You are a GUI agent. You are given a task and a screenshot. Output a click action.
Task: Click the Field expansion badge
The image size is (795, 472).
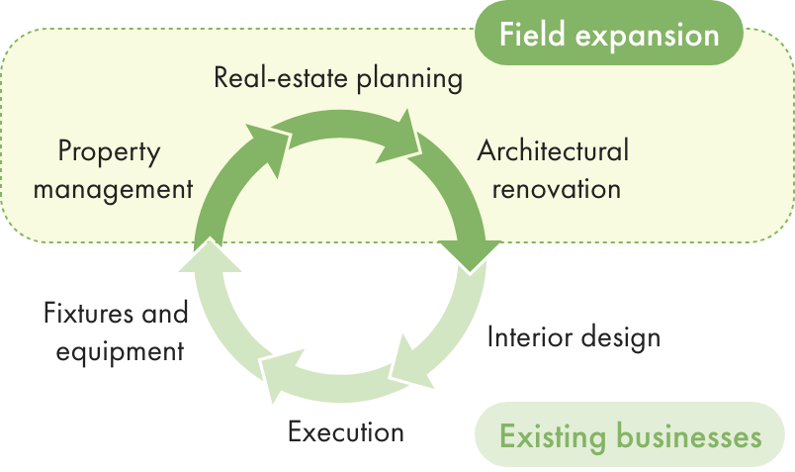coord(608,34)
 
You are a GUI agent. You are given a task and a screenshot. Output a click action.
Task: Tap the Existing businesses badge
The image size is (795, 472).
coord(630,435)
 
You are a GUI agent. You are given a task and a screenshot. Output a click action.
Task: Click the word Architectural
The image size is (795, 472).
coord(553,151)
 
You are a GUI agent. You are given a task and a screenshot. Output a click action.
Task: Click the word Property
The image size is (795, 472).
coord(109,152)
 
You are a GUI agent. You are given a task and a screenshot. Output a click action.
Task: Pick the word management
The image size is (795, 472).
coord(113,188)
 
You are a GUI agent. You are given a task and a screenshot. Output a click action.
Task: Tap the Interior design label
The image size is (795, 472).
coord(574,337)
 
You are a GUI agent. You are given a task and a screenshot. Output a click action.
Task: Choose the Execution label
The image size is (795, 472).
coord(346,431)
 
